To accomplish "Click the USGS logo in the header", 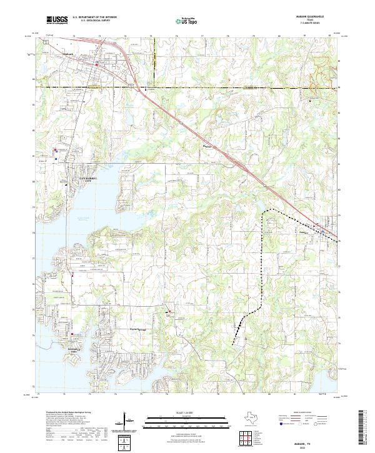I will (x=57, y=21).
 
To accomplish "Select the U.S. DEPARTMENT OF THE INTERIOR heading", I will (x=95, y=18).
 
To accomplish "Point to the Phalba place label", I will (x=209, y=147).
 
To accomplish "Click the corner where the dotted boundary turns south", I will (x=262, y=214).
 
